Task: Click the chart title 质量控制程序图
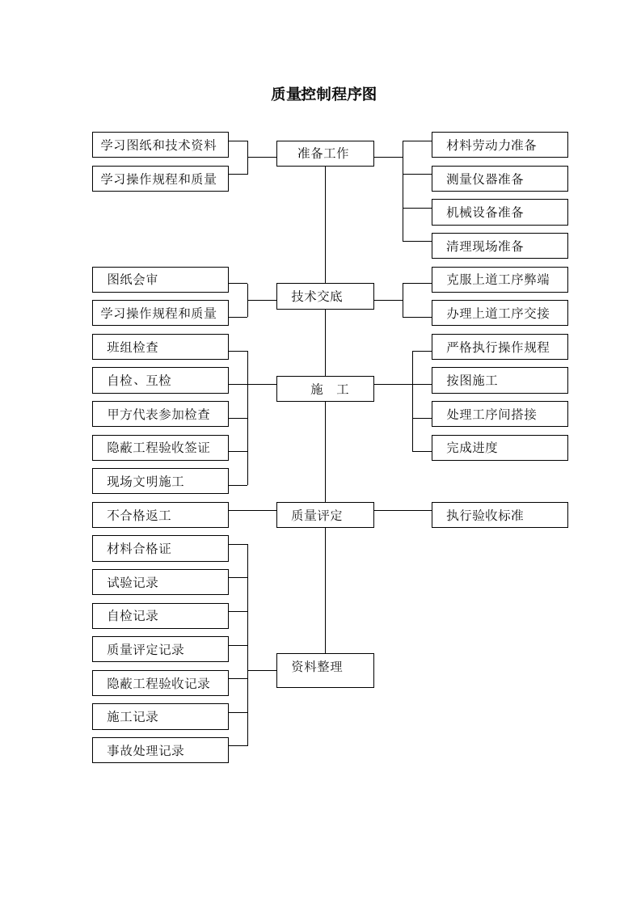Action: [x=323, y=95]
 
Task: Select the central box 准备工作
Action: [x=325, y=154]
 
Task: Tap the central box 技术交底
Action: [x=325, y=296]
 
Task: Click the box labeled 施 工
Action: [x=325, y=389]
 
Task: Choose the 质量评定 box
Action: [x=325, y=515]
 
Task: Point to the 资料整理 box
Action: [x=325, y=670]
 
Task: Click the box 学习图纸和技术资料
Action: [x=160, y=145]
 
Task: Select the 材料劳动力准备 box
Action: [x=500, y=145]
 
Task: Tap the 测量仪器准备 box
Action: [x=500, y=179]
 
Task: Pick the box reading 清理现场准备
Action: [x=500, y=246]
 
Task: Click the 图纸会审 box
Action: [x=160, y=280]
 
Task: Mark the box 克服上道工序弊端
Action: [x=500, y=280]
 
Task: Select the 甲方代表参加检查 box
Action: [x=160, y=414]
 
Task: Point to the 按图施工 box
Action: [x=500, y=380]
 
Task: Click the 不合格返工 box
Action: [x=160, y=515]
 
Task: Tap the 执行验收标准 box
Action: [x=500, y=515]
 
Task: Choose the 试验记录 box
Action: [x=160, y=582]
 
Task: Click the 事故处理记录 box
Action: [x=160, y=750]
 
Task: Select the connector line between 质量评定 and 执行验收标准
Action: [x=403, y=510]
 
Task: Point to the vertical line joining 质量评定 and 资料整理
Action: [x=326, y=590]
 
